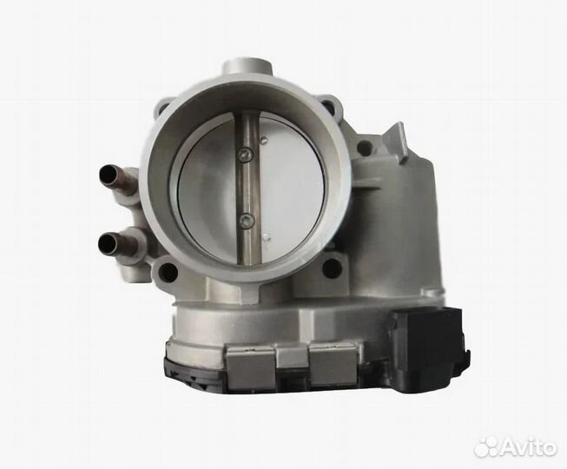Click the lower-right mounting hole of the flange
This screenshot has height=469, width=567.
(x=332, y=267)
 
